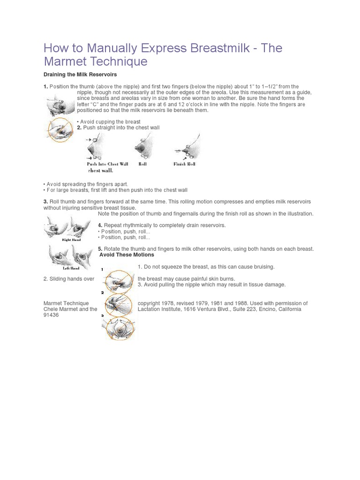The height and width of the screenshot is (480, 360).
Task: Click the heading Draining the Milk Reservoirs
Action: pos(80,75)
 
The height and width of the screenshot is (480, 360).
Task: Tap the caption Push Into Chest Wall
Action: pos(107,164)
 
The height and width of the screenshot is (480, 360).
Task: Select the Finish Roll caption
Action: pos(184,164)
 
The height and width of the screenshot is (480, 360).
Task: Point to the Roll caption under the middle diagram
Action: pos(142,164)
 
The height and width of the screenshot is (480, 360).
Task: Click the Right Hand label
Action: pos(71,240)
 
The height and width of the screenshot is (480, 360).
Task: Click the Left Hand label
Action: pos(71,268)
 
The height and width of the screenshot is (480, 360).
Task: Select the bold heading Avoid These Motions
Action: pos(127,255)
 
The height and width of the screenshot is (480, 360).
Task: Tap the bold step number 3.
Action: pos(45,202)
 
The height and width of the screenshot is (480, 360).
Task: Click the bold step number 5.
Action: pos(100,249)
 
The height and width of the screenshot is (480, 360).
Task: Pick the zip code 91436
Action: pos(51,315)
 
